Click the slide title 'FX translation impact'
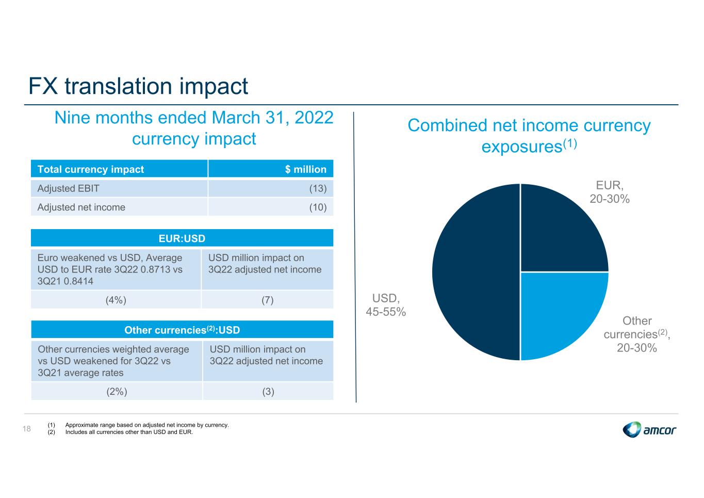(138, 86)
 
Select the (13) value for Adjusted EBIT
(318, 188)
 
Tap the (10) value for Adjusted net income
(318, 207)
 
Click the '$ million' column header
(305, 169)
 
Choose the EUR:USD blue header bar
(182, 238)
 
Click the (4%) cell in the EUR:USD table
(116, 300)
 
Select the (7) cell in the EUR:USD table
(268, 300)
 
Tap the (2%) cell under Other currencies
(117, 391)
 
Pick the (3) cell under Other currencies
(268, 391)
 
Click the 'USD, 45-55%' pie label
(386, 304)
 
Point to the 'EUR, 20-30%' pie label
(610, 192)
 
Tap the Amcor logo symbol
(631, 429)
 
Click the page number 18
(27, 428)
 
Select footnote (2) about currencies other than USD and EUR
(120, 432)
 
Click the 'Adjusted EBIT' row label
(68, 188)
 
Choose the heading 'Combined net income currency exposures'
(529, 136)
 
